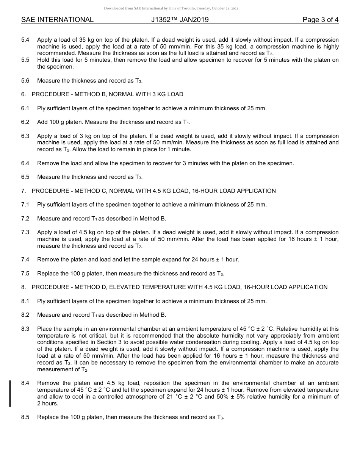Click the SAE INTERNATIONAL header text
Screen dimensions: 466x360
pos(57,20)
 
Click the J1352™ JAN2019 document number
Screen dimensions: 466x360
pos(180,20)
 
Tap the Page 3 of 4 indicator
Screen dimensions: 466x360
pos(320,20)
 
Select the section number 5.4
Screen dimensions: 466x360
pos(25,40)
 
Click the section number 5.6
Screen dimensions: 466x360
pos(25,81)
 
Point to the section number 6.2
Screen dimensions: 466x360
pos(25,122)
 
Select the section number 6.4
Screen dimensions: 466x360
pos(25,163)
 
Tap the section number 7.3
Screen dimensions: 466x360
pos(25,232)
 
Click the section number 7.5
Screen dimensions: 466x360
pos(25,274)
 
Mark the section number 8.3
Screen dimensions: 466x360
pos(25,329)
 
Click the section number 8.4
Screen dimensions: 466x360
pos(25,383)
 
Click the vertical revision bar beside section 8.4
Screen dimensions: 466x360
pos(10,393)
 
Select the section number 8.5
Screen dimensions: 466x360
pos(25,417)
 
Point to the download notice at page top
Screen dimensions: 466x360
pos(171,8)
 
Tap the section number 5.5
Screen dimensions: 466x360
pos(25,60)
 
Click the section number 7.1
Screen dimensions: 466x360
pos(25,205)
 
